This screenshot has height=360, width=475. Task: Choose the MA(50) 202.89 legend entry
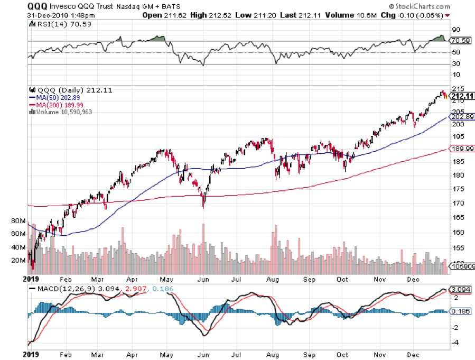coord(54,97)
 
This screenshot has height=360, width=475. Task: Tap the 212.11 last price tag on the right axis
coord(461,96)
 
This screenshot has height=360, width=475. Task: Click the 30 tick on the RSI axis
coord(454,64)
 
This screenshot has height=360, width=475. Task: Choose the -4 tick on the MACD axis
coord(454,343)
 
